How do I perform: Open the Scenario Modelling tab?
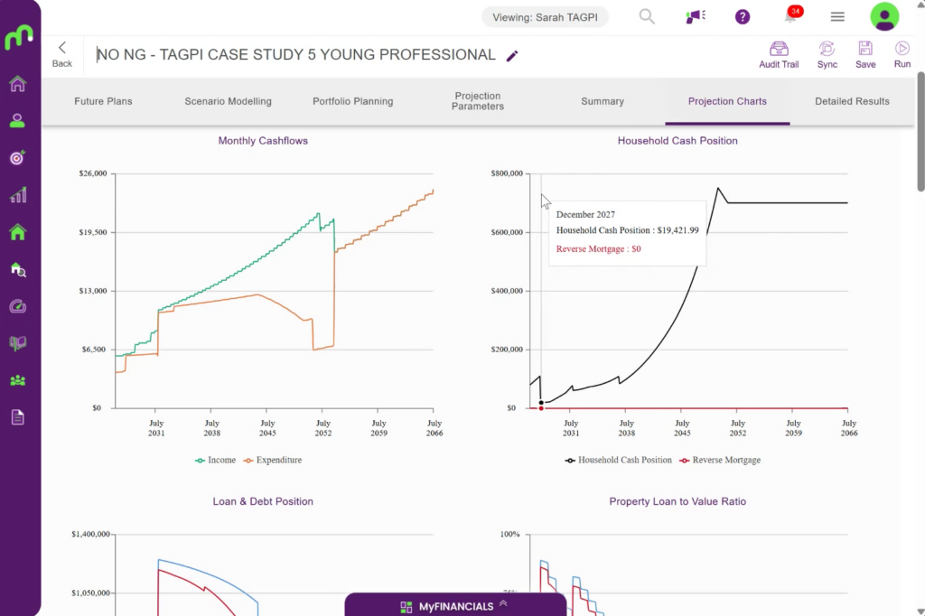(228, 101)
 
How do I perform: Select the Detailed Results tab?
(852, 101)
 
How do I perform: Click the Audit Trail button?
(779, 55)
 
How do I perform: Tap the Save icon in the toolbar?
(865, 49)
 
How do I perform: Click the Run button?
(902, 55)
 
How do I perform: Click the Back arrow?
(62, 48)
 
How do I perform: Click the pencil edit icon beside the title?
(512, 55)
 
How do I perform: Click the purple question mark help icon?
(743, 17)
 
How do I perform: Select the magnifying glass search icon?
(647, 16)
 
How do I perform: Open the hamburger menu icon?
(837, 17)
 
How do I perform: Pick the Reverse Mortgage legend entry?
(720, 460)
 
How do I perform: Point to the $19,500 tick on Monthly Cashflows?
(93, 232)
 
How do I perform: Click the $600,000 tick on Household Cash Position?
(508, 232)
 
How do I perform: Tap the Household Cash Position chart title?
(677, 140)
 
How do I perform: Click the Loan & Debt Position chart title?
(263, 501)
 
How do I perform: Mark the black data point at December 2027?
(541, 403)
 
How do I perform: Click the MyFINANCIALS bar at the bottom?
(455, 605)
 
